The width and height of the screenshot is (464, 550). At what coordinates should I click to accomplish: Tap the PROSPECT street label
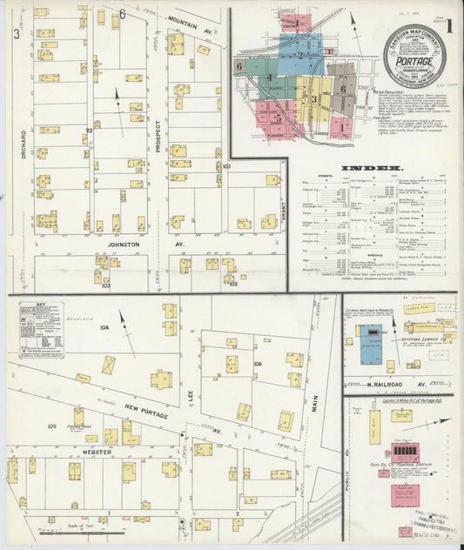(158, 136)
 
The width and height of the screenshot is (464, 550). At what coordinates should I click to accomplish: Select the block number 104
(104, 328)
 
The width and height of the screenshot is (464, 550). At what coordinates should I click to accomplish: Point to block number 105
(52, 426)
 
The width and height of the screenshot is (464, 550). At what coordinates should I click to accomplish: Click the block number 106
(259, 363)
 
